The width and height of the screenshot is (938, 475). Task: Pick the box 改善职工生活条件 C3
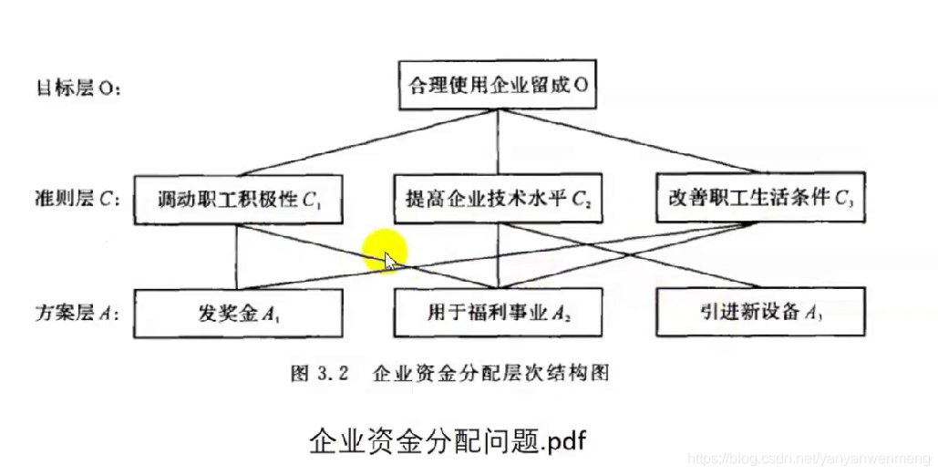pos(760,200)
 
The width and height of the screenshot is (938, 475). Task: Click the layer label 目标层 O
pos(78,89)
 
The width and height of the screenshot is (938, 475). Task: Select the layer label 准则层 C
pos(77,200)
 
